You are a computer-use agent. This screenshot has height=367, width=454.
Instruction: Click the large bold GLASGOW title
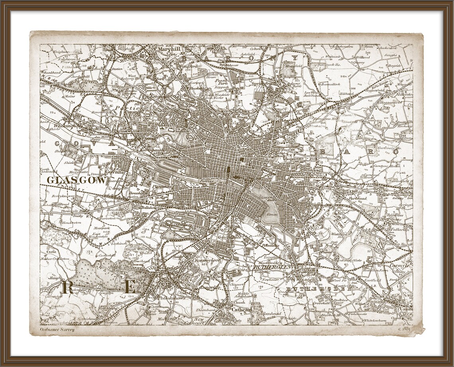(77, 180)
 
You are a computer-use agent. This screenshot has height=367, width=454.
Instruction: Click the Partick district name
(128, 108)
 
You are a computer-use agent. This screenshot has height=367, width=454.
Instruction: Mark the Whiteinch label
(67, 126)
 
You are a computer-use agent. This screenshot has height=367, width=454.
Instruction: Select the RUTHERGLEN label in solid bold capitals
(273, 267)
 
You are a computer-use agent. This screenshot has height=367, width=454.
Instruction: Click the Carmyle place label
(399, 265)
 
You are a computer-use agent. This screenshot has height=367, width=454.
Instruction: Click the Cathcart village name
(242, 310)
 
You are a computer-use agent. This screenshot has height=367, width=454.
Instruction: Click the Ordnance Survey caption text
(57, 329)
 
